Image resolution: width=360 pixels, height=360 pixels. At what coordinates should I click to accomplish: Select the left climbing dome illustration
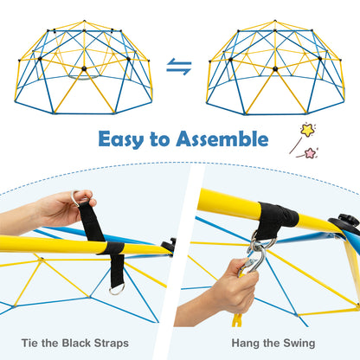point(83,69)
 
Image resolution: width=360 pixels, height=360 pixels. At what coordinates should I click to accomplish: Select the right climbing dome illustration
point(275,69)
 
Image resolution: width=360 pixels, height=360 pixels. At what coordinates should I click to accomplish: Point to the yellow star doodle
point(307,131)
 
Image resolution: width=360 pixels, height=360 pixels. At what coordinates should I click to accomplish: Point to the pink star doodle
point(309,152)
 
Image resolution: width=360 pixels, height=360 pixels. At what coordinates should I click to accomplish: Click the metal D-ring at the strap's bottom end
point(116,288)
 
